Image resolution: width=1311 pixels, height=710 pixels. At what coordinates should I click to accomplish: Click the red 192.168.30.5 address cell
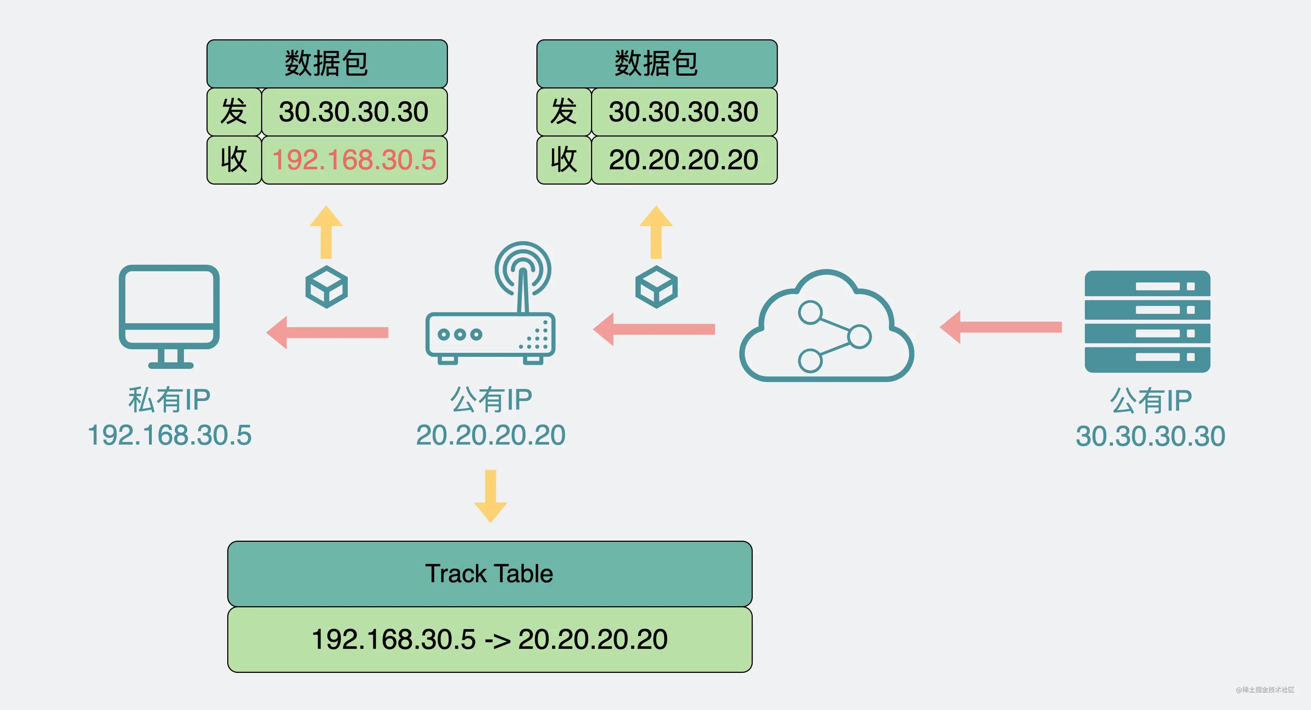(x=354, y=160)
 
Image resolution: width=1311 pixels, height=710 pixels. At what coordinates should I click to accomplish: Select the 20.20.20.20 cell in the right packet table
(x=684, y=160)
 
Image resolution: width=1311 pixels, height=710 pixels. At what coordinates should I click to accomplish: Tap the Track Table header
(x=489, y=573)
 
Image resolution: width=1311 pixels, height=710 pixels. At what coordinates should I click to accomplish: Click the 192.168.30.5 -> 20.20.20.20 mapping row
(x=489, y=639)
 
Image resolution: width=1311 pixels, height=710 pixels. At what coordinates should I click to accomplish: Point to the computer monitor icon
(x=169, y=316)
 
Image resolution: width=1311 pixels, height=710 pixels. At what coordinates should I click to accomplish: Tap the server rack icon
(x=1147, y=322)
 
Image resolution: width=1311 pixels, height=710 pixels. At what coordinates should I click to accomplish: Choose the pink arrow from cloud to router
(x=654, y=329)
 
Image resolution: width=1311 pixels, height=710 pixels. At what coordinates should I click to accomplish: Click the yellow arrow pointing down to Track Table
(x=490, y=496)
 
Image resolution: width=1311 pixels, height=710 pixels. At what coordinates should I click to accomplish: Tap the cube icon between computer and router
(x=326, y=287)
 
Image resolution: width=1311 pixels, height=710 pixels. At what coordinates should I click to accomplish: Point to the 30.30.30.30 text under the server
(x=1150, y=436)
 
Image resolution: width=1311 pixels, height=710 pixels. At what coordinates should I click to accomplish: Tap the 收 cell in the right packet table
(x=564, y=160)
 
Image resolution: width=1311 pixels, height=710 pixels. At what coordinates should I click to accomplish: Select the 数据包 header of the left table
(x=327, y=64)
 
